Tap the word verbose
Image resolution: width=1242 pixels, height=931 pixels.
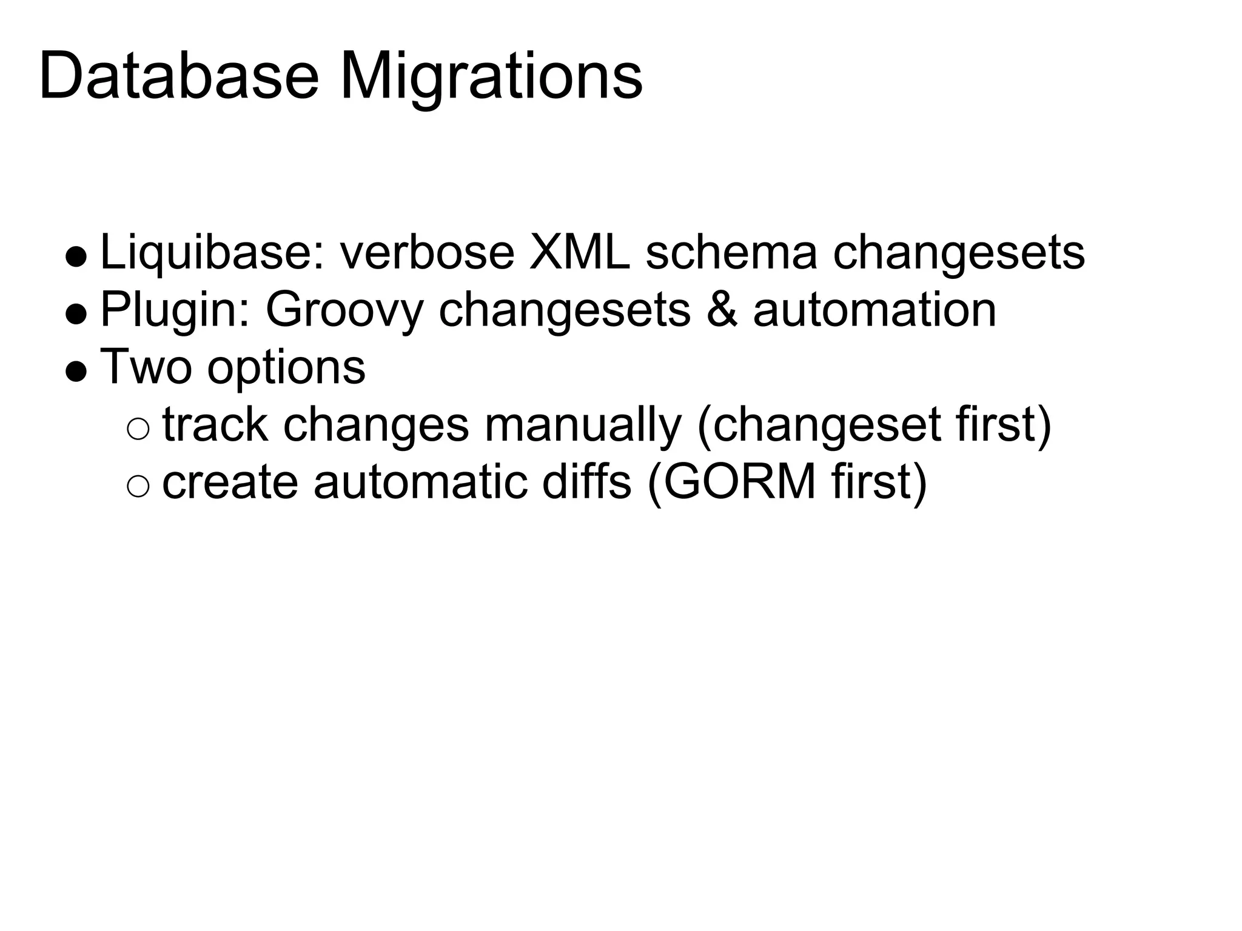(x=427, y=252)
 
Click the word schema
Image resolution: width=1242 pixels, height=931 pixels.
(x=731, y=252)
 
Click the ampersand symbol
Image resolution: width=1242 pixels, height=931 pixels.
(x=722, y=310)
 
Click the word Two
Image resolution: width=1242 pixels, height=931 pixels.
(x=146, y=366)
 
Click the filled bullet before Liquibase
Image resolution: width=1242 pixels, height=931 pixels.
(x=76, y=256)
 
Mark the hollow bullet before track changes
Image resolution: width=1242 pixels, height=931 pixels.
(x=138, y=429)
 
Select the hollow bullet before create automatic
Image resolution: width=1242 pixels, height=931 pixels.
(x=138, y=486)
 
